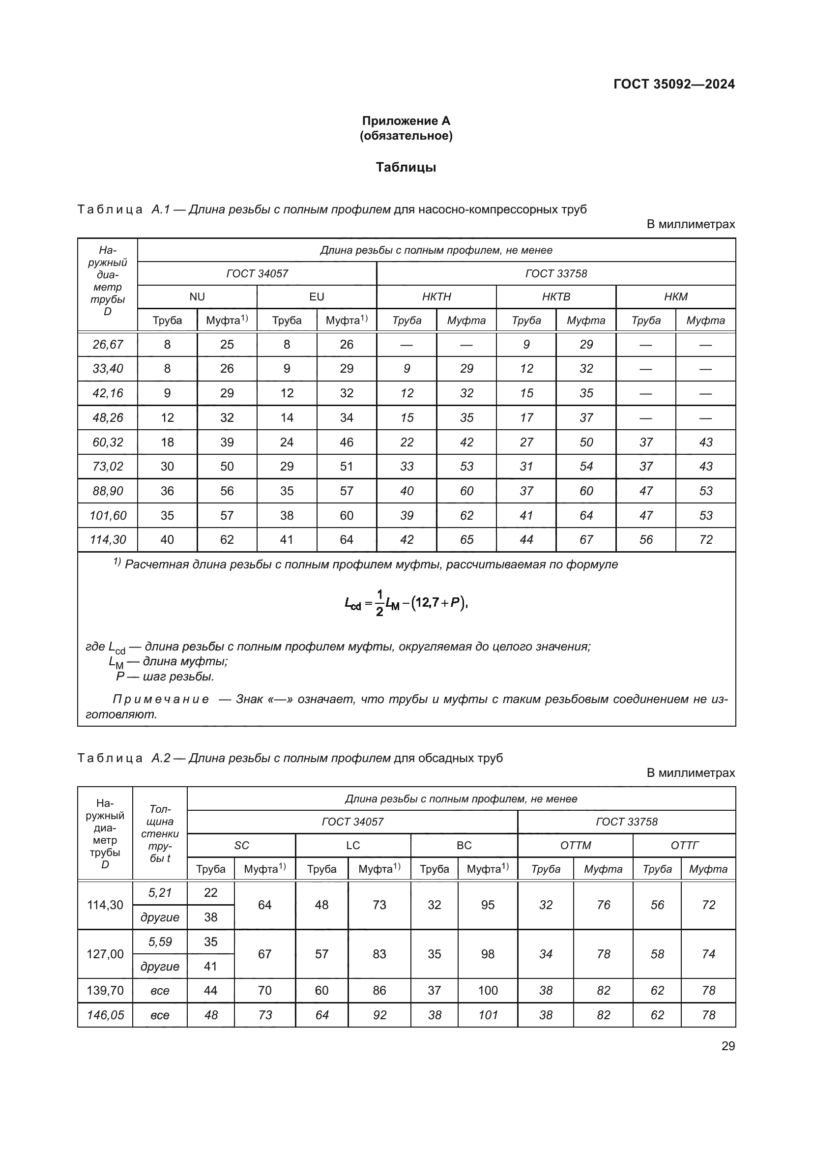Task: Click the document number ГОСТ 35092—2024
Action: (x=674, y=84)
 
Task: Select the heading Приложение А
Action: (x=406, y=121)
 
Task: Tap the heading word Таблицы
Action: (x=406, y=167)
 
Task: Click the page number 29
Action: (x=728, y=1046)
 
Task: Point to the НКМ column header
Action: (x=675, y=296)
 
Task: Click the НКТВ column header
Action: (x=556, y=296)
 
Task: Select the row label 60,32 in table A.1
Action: (x=108, y=442)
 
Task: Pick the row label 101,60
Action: (x=108, y=515)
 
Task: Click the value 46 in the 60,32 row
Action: (x=347, y=442)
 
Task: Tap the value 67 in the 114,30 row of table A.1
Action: (x=586, y=539)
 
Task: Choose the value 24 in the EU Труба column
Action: (x=287, y=442)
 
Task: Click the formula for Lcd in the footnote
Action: (x=406, y=603)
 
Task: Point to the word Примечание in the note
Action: (x=161, y=699)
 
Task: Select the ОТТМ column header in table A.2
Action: (x=575, y=846)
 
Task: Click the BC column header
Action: (x=464, y=846)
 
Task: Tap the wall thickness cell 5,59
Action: (x=160, y=942)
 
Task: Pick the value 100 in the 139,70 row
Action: (x=488, y=990)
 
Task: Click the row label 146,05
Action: (x=105, y=1015)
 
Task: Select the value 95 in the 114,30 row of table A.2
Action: (x=488, y=905)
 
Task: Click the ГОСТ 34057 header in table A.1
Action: (x=257, y=273)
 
